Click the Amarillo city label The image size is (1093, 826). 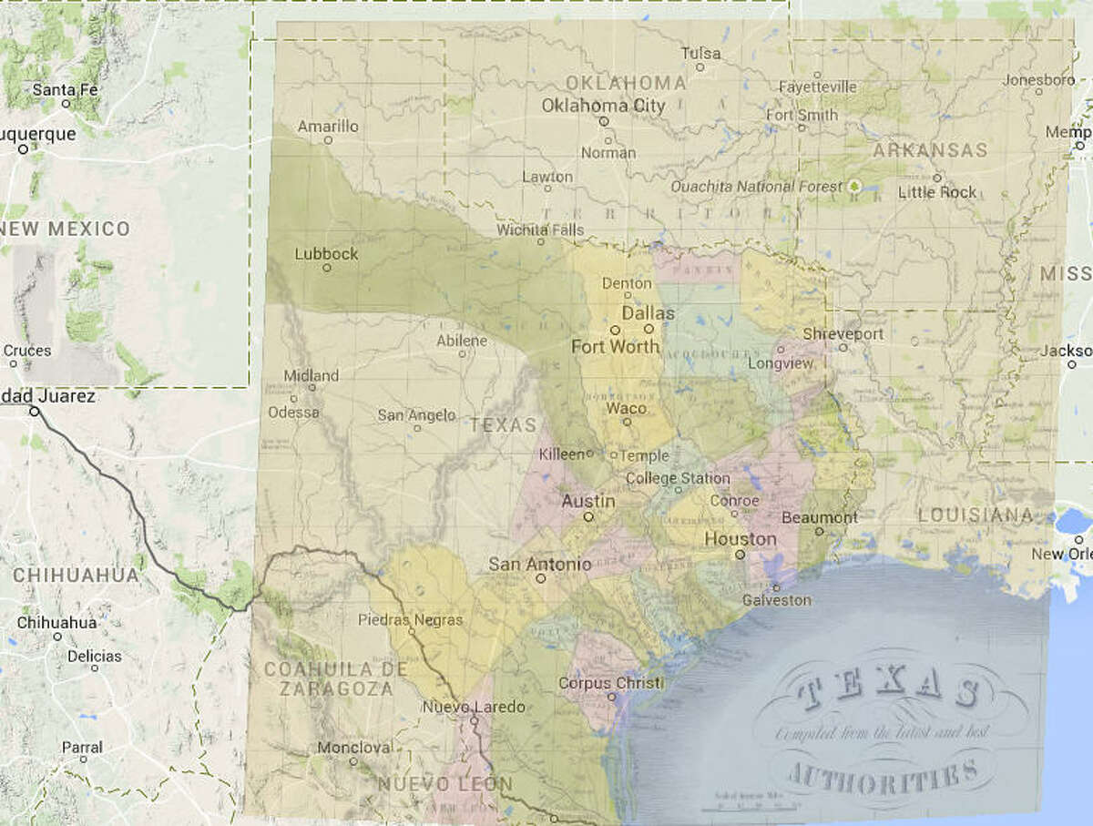coord(328,127)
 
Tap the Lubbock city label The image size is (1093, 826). coord(326,254)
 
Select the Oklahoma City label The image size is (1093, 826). coord(603,106)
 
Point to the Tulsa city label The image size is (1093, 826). coord(701,54)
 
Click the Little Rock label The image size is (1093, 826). coord(936,192)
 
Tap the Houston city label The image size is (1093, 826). coord(741,539)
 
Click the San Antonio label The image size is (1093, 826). coord(539,565)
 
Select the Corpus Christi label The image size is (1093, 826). coord(610,683)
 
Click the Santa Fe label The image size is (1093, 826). coord(65,89)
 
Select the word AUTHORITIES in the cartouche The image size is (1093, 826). coord(880,776)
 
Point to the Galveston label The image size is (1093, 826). coord(776,600)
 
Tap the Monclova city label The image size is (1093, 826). coord(353,748)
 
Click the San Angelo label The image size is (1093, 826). coord(416,415)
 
